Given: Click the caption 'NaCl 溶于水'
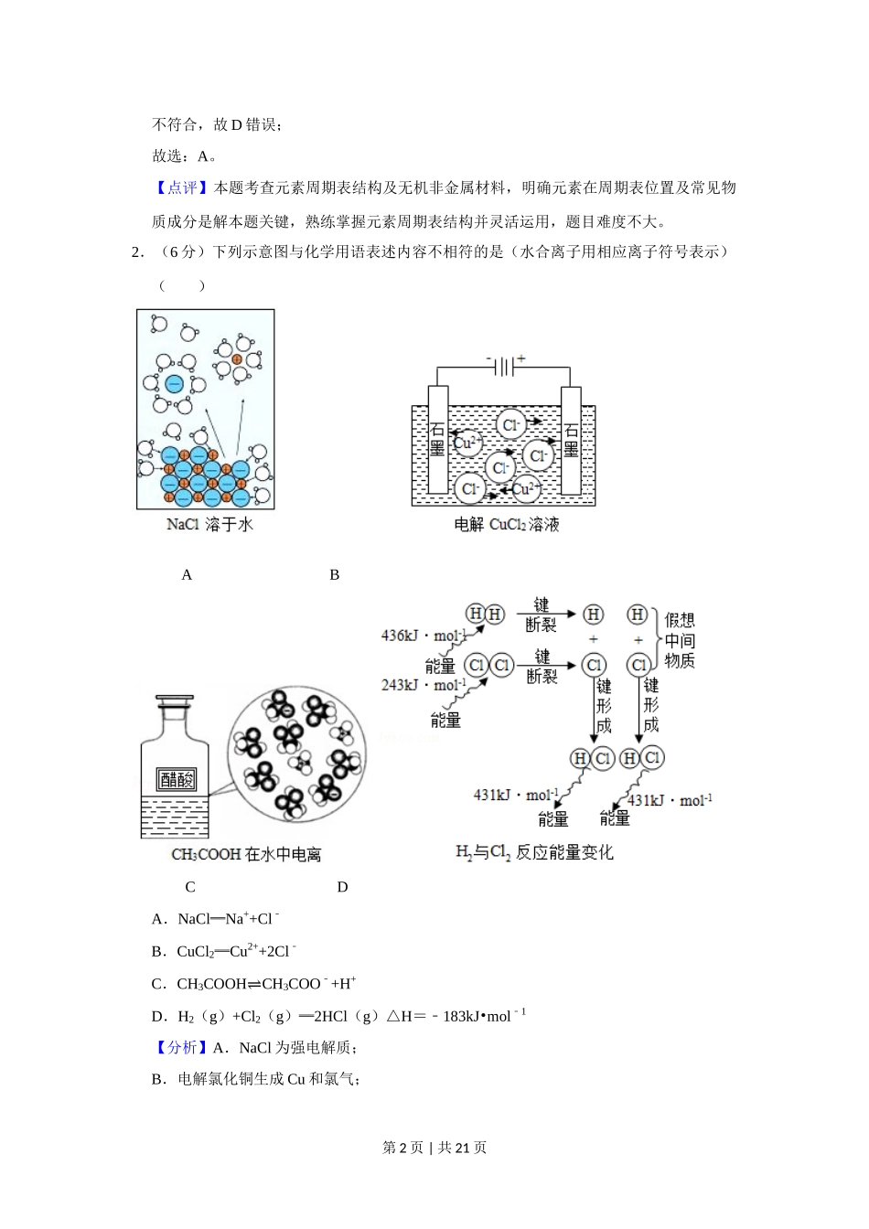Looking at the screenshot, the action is tap(209, 524).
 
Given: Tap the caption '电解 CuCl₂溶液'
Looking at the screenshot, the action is tap(506, 525).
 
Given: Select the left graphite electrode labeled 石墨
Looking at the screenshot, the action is tap(437, 440).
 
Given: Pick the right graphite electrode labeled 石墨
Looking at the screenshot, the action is tap(571, 440).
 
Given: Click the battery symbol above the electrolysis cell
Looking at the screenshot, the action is tap(505, 367).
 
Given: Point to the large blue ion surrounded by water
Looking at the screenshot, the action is tap(174, 383).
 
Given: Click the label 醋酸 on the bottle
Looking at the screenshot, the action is tap(177, 779).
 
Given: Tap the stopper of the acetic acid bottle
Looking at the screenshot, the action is tap(175, 700).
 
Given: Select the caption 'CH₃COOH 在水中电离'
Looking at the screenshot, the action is tap(245, 854).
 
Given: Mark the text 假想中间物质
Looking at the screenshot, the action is tap(680, 640).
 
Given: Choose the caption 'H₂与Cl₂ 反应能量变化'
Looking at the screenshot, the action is tap(534, 852).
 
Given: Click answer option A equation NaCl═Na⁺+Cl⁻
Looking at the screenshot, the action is tap(229, 918).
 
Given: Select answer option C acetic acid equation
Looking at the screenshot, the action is tap(266, 983).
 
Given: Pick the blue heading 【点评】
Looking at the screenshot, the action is tap(182, 187).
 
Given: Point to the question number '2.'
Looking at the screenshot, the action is tap(138, 251).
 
